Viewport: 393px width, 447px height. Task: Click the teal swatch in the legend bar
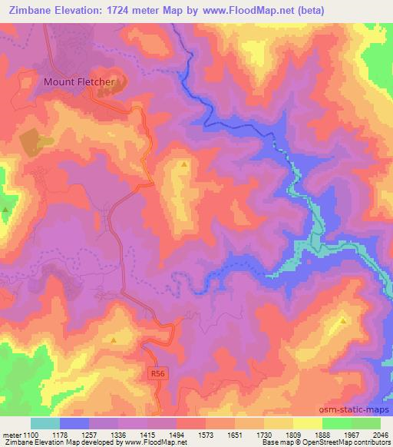point(45,423)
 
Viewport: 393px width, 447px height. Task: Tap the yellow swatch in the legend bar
point(307,423)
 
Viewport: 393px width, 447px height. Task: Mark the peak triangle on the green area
point(6,209)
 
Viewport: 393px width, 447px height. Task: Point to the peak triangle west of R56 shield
point(114,339)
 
